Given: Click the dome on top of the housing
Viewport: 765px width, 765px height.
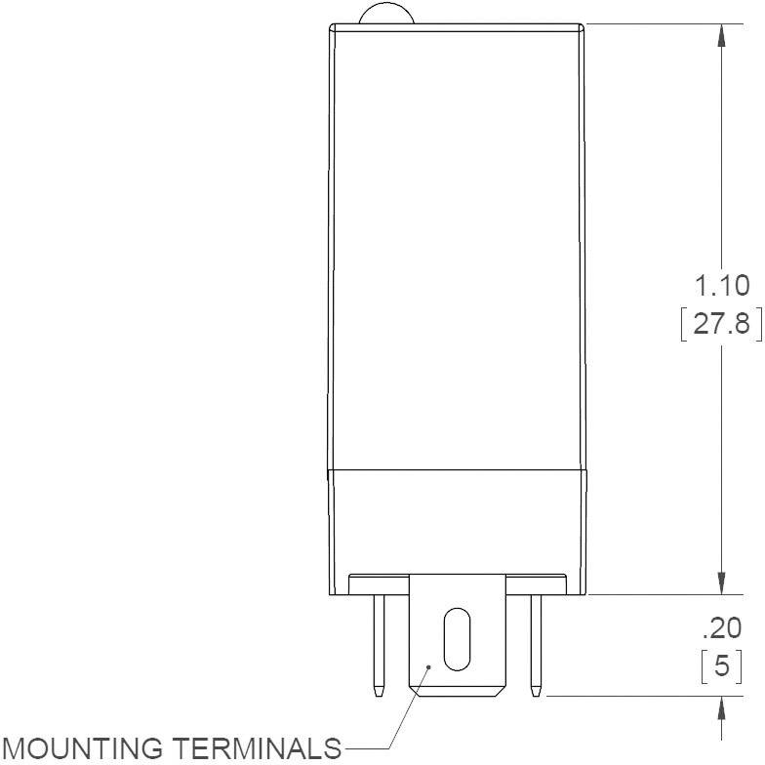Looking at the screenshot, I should (386, 14).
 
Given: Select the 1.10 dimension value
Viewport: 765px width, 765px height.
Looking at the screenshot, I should (722, 286).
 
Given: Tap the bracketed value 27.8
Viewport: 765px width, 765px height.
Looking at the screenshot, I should (722, 323).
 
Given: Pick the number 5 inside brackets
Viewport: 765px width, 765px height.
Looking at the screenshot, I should (722, 667).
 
